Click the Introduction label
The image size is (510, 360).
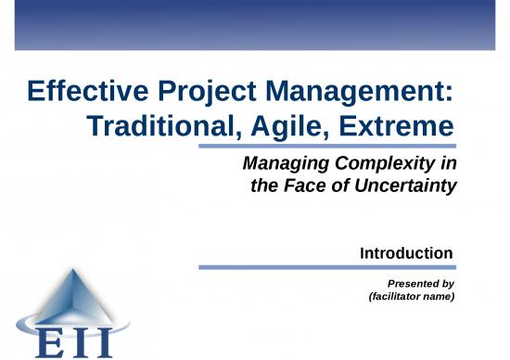[x=405, y=252]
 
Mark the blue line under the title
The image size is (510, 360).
[x=331, y=146]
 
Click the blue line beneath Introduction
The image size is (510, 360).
[x=325, y=267]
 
